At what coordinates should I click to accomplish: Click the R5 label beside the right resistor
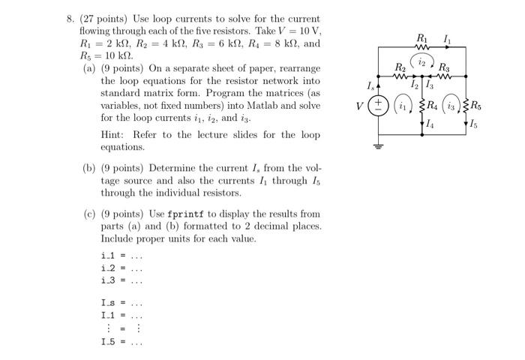477,105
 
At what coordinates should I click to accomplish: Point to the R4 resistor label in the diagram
434,105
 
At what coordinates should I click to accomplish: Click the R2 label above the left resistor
400,67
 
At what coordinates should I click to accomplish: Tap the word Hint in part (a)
112,135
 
